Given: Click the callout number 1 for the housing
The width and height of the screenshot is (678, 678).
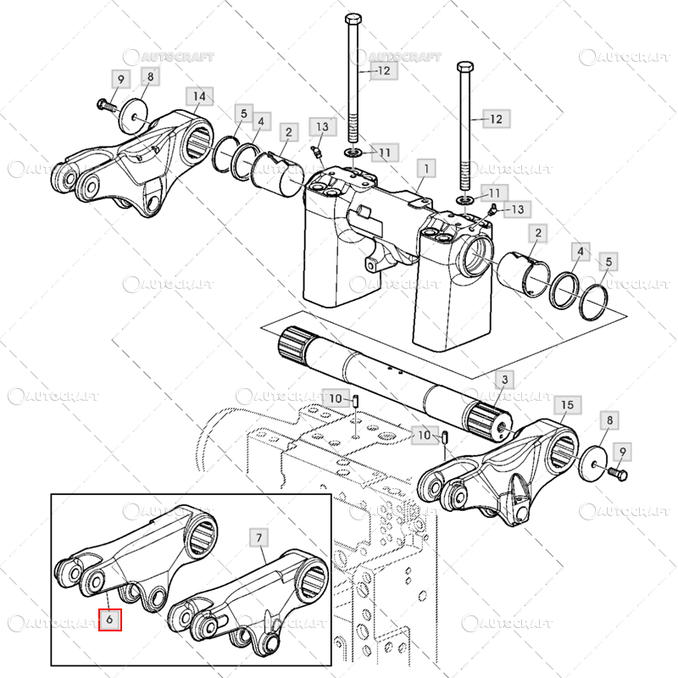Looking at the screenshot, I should coord(426,169).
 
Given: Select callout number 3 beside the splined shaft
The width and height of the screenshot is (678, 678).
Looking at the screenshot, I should coord(506,378).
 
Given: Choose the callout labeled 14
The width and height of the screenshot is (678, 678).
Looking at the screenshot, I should coord(199,96).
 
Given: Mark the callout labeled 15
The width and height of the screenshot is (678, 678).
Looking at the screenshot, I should coord(567,405).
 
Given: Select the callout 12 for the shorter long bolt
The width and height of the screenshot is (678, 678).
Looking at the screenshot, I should coord(496,119).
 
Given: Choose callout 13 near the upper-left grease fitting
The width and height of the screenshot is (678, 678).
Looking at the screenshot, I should coord(321,127).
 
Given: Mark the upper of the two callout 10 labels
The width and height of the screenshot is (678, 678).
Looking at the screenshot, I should coord(336,398).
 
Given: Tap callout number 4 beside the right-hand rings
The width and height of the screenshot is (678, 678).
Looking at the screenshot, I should coord(581,252).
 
